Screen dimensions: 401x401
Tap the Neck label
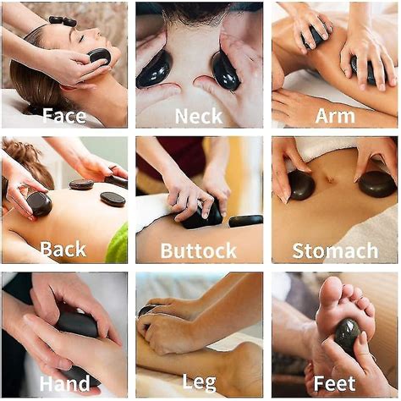[x=199, y=115]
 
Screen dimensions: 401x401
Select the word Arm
[x=334, y=115]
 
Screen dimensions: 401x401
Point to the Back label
[x=63, y=250]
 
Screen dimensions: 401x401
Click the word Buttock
[x=200, y=250]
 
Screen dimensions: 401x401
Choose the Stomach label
[x=335, y=250]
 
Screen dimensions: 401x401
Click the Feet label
[x=335, y=384]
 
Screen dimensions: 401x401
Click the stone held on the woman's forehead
[x=99, y=56]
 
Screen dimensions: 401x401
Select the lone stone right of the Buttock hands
[x=245, y=221]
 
